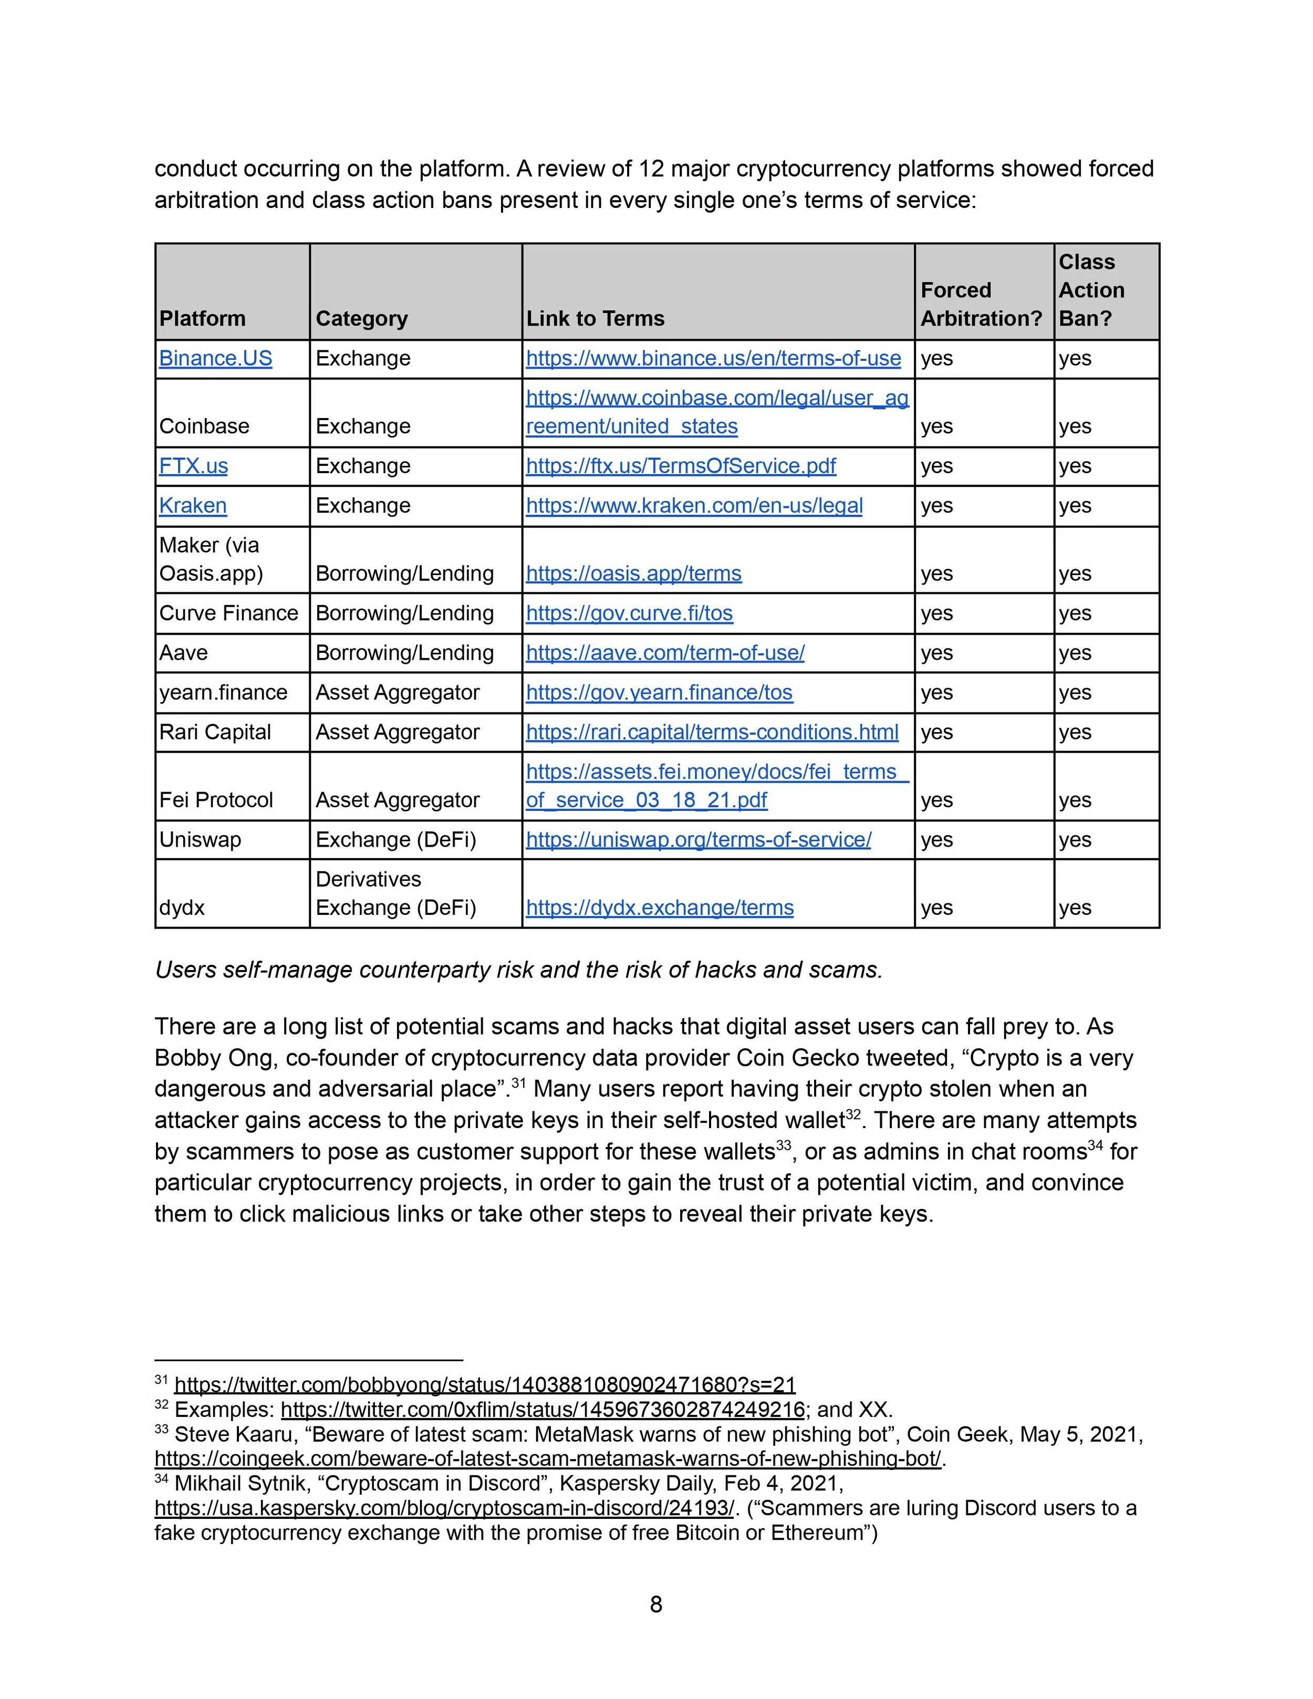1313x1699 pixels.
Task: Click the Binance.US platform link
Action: pos(215,359)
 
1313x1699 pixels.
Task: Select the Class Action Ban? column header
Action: pos(1091,290)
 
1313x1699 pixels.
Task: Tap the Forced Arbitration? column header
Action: pos(981,304)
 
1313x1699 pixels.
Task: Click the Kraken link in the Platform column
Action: pos(193,506)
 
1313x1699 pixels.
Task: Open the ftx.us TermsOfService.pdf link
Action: pos(681,466)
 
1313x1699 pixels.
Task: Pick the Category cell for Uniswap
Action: pos(396,840)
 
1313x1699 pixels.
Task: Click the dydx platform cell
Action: pos(182,908)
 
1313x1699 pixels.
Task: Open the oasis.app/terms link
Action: pos(633,574)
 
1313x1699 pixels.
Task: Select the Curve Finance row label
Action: pos(228,613)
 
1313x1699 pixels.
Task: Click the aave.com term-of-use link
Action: pos(665,653)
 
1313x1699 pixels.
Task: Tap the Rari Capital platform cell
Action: pos(215,732)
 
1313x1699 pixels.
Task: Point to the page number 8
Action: pos(656,1604)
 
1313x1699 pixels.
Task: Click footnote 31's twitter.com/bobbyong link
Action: pos(485,1385)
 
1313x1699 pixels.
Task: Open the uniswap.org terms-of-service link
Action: pos(699,840)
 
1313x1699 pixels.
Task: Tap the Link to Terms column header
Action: pos(595,318)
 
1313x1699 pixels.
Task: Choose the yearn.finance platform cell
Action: pos(223,692)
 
